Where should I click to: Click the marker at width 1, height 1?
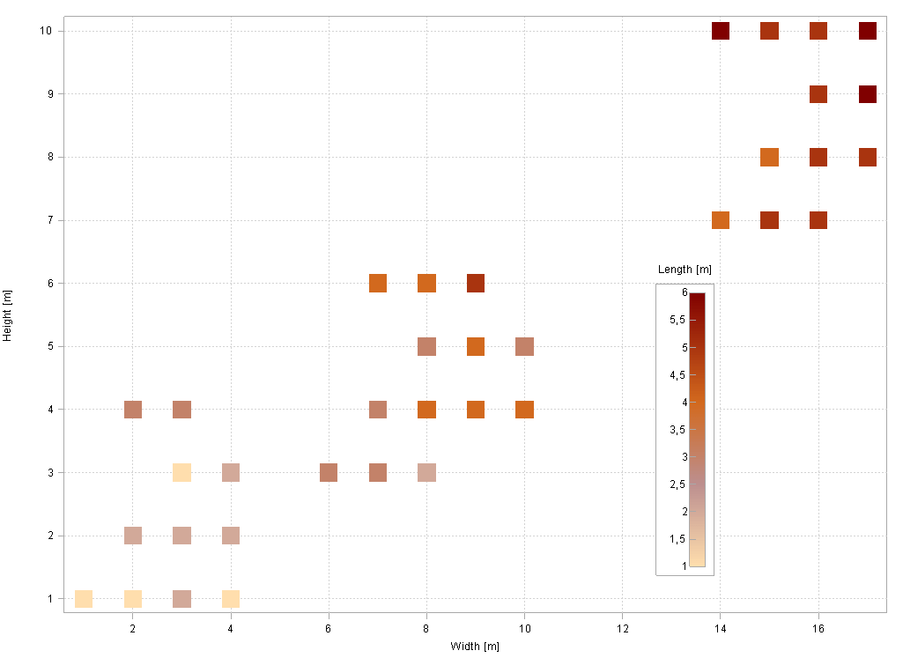click(84, 599)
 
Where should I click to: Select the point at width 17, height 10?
click(868, 31)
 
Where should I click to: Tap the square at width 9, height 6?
click(476, 284)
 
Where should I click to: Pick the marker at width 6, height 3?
click(329, 472)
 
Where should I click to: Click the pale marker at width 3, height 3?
click(181, 472)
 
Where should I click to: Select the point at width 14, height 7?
click(721, 220)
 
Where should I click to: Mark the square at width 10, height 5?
click(524, 346)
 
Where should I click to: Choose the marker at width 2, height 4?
click(133, 410)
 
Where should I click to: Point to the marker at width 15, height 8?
click(769, 158)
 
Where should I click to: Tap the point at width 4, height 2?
click(231, 536)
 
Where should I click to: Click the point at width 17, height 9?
click(868, 94)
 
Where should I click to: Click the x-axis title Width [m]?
click(475, 647)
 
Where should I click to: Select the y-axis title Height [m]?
click(7, 315)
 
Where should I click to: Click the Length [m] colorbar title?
click(685, 269)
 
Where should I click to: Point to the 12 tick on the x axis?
click(622, 629)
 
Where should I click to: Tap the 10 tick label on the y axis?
click(47, 31)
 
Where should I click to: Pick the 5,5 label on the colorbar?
click(677, 320)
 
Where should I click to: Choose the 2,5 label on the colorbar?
click(677, 484)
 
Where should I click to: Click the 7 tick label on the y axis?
click(49, 220)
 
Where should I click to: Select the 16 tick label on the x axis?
click(818, 629)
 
